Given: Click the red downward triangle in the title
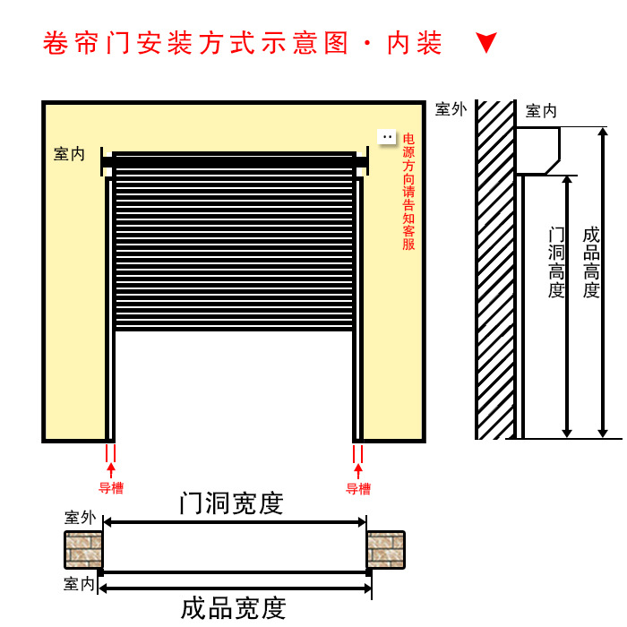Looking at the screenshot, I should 486,43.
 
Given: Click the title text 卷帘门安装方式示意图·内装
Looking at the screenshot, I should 243,43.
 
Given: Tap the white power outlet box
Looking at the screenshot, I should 387,137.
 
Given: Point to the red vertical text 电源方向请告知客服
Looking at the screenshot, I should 408,192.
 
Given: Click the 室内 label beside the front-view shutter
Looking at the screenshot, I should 69,154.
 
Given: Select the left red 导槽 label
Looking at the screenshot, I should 111,489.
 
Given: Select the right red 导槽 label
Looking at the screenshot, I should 358,489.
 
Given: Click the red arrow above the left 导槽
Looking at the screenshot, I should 111,469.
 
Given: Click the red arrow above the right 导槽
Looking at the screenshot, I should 358,469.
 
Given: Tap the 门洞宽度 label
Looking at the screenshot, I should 231,503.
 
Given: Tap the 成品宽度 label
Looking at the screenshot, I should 233,608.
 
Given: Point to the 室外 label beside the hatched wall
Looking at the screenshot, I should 451,109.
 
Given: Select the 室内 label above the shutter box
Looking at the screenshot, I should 541,111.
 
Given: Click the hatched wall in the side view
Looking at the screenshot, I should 494,269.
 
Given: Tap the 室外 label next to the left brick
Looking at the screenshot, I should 80,518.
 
